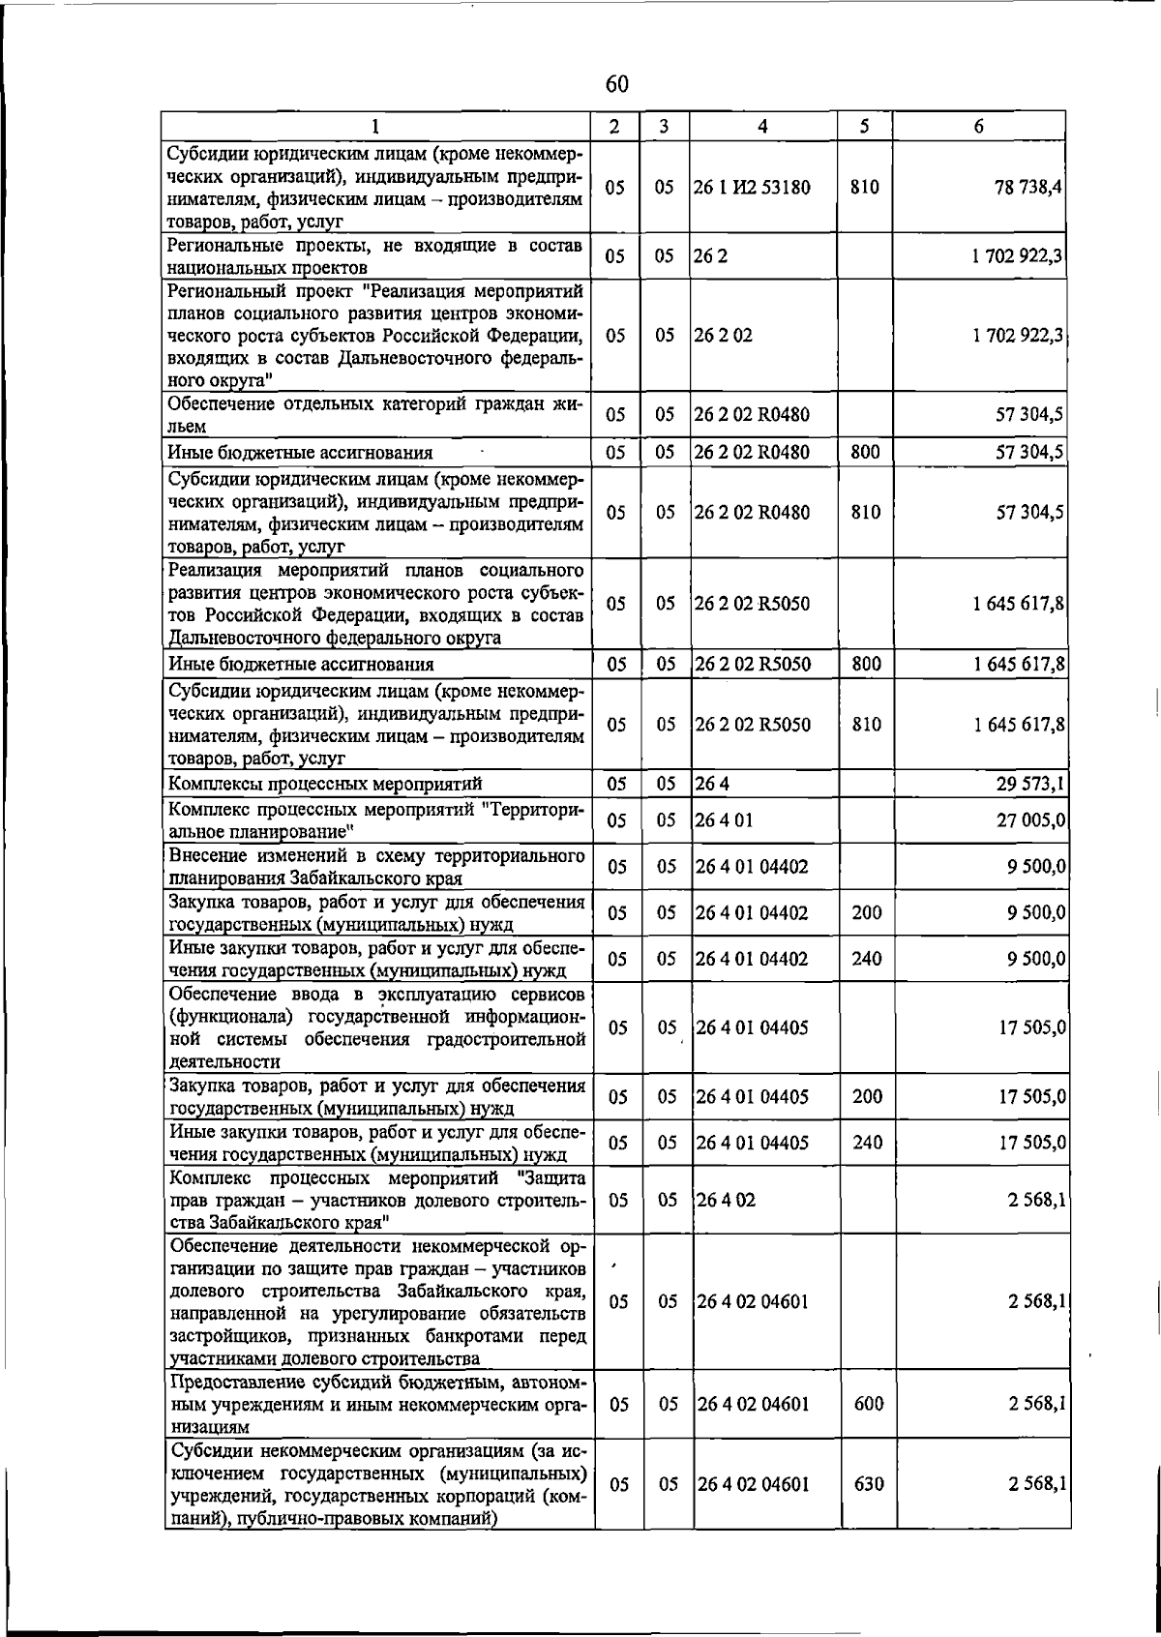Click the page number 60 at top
point(616,85)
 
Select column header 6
point(978,126)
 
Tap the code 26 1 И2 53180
point(752,187)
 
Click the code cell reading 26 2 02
point(724,336)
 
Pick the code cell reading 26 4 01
point(724,819)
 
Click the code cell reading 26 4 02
point(726,1200)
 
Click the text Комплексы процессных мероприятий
point(325,784)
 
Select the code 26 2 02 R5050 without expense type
point(752,604)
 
